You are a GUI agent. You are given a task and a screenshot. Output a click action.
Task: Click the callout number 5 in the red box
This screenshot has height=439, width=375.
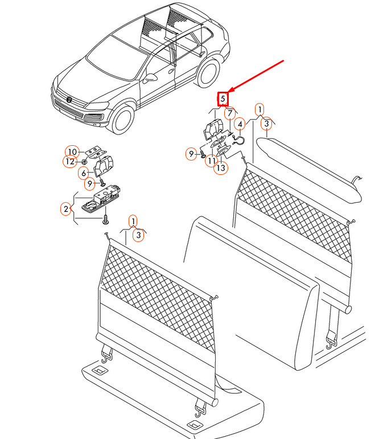[222, 99]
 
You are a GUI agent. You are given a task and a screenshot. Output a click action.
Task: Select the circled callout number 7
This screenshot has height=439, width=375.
[230, 113]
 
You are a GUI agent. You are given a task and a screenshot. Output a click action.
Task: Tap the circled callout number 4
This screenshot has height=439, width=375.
[240, 124]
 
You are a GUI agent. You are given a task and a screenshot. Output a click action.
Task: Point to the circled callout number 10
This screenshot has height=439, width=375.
[72, 152]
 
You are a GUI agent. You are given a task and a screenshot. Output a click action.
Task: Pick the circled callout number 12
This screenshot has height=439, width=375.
[70, 162]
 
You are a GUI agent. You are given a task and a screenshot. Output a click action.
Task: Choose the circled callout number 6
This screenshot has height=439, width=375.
[84, 173]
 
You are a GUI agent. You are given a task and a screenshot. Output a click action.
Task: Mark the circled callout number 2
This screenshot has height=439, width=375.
[66, 209]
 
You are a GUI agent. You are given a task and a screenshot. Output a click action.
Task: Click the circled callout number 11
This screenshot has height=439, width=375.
[211, 161]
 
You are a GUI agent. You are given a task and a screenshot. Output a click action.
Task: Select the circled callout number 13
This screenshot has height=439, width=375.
[221, 168]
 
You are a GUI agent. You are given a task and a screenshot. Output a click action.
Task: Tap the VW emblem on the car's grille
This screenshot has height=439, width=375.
[69, 100]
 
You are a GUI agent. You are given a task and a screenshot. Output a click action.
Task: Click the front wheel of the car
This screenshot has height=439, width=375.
[122, 119]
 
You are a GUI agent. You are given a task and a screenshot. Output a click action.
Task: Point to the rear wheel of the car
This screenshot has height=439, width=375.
[208, 73]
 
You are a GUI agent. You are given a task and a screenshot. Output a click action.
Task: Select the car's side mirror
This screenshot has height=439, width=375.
[150, 79]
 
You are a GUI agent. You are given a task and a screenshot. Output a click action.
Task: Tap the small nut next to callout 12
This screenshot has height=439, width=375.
[84, 162]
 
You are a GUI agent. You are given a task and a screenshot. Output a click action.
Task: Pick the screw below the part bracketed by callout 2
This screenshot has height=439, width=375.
[105, 220]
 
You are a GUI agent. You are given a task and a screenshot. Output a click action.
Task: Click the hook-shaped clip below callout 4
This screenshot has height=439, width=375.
[238, 141]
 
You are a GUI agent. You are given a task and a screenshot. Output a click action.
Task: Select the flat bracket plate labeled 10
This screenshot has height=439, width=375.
[96, 153]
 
